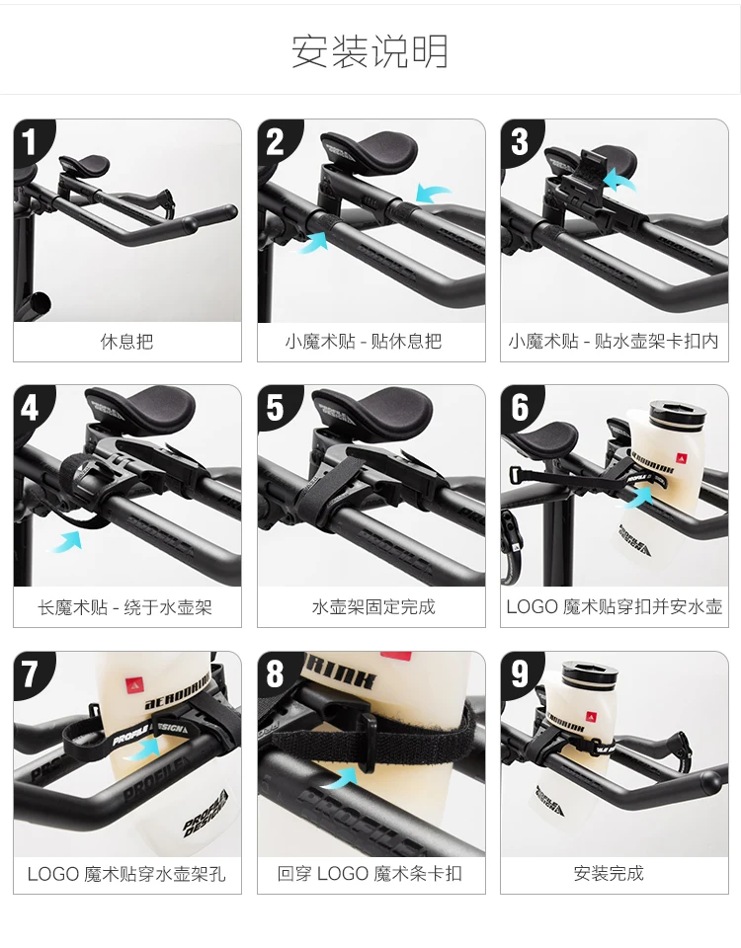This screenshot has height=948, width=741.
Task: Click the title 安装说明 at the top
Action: [370, 50]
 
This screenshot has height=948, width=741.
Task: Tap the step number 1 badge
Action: [30, 142]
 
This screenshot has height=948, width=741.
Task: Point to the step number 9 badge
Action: [520, 673]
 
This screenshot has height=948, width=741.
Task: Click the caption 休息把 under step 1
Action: [127, 342]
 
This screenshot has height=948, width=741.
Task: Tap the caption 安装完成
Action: [609, 874]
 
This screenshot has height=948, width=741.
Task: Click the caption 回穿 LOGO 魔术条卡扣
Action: [370, 874]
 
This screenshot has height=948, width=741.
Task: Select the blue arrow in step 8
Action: [339, 776]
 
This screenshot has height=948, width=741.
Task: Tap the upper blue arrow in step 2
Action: [433, 194]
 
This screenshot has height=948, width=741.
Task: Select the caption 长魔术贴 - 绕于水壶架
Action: [125, 607]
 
